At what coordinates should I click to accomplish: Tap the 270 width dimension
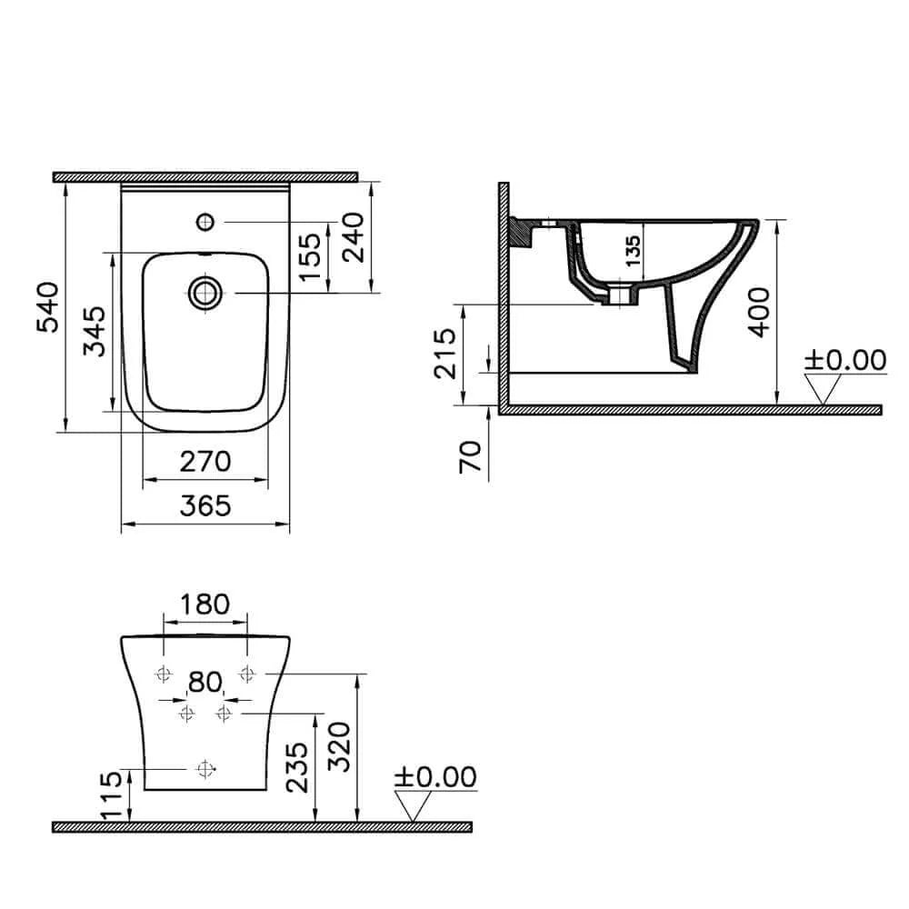click(205, 461)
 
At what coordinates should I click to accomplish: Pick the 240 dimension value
click(352, 236)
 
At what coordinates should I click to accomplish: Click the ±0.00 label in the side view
click(845, 360)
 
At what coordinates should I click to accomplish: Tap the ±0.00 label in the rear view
click(435, 777)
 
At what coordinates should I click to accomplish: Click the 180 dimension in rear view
click(205, 604)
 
